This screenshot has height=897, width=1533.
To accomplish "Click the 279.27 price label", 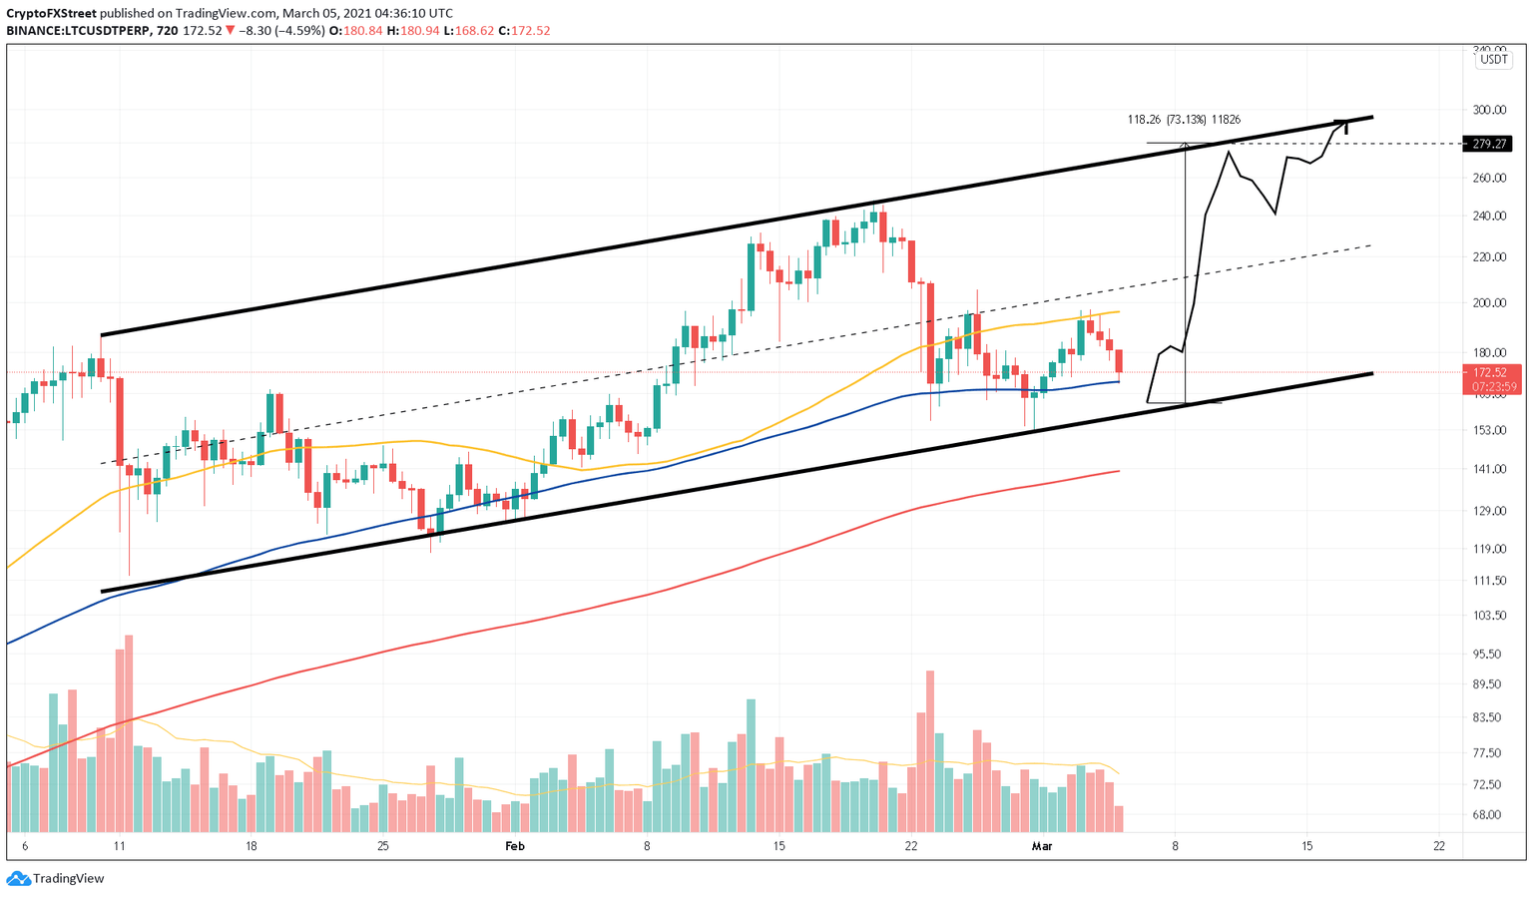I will pyautogui.click(x=1487, y=144).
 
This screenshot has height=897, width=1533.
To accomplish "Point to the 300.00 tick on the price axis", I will pyautogui.click(x=1489, y=110).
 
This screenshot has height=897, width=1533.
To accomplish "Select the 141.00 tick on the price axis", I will pyautogui.click(x=1489, y=469).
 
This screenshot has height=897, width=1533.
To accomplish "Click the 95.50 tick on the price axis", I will pyautogui.click(x=1487, y=655).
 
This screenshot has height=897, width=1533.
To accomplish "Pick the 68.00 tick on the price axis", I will pyautogui.click(x=1487, y=815).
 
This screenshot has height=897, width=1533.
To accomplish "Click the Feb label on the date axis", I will pyautogui.click(x=515, y=846).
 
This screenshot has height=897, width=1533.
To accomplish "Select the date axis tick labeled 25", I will pyautogui.click(x=383, y=846).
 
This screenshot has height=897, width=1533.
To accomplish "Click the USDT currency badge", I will pyautogui.click(x=1493, y=60).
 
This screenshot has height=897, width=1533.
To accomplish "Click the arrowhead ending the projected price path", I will pyautogui.click(x=1344, y=124).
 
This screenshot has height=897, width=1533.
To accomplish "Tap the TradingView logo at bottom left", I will pyautogui.click(x=56, y=879).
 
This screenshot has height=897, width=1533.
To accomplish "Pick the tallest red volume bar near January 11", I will pyautogui.click(x=128, y=733).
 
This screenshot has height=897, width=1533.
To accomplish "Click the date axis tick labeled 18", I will pyautogui.click(x=252, y=846).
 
